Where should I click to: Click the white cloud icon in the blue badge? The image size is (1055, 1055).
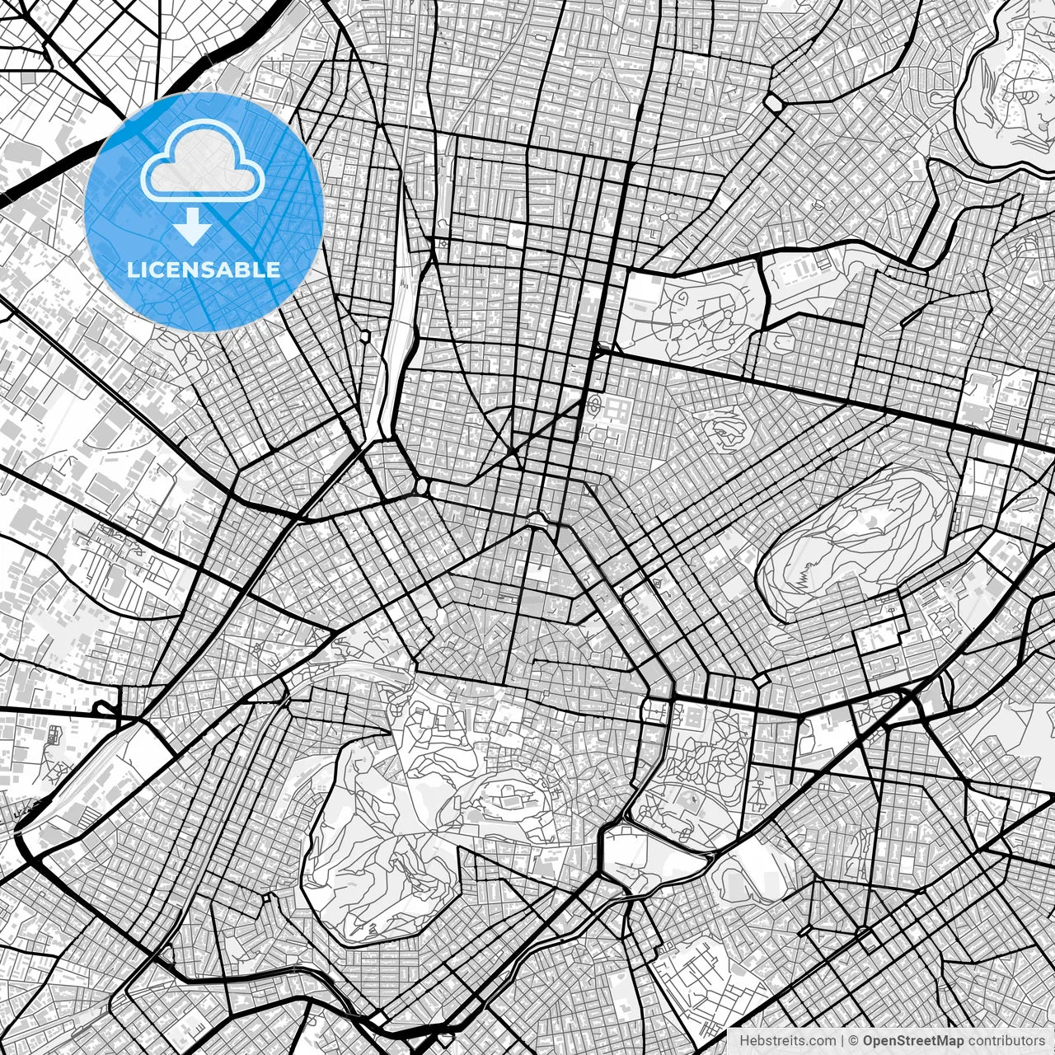202,165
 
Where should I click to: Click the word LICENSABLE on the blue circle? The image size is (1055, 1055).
203,270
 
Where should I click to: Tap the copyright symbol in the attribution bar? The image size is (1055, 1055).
855,1041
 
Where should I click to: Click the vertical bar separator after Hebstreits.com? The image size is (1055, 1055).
841,1041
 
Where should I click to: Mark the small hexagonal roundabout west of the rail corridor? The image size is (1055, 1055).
365,336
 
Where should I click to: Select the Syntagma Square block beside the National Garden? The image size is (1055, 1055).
655,709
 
